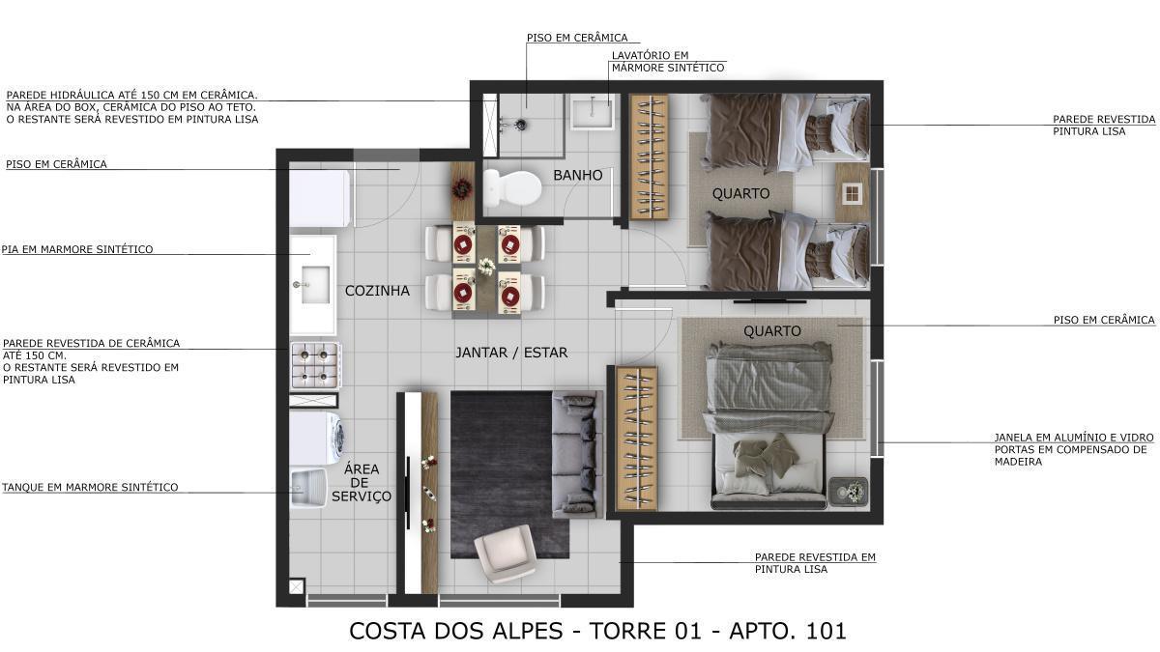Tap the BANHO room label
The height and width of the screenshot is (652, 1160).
578,175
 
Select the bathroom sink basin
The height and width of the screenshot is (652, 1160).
591,112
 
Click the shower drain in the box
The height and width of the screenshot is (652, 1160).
520,124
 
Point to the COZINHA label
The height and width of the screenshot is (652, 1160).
377,291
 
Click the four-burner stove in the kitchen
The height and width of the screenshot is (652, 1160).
314,365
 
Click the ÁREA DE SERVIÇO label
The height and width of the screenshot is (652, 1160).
362,482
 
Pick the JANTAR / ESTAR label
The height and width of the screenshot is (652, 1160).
511,353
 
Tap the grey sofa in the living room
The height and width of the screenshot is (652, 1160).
576,450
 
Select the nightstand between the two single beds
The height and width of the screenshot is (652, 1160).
853,193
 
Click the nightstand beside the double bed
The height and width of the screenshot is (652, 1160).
848,491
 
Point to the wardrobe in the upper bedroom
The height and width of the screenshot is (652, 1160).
649,156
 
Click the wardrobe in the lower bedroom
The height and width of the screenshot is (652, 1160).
636,438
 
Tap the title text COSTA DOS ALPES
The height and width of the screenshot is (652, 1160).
455,631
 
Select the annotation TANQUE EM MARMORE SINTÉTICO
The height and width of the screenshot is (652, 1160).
90,488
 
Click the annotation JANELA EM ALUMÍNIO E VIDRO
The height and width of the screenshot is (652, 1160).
1073,438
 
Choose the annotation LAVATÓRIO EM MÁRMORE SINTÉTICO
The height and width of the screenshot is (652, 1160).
667,62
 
